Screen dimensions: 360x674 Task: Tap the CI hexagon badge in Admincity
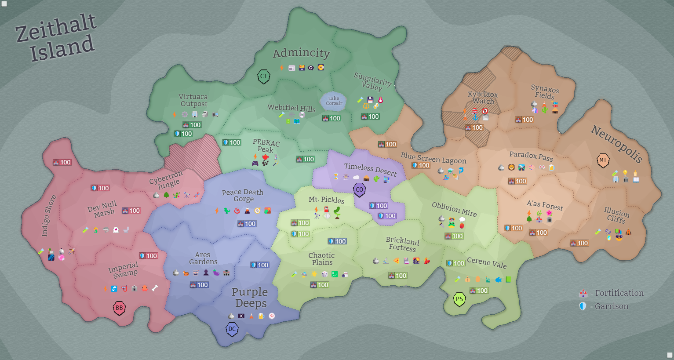[263, 76]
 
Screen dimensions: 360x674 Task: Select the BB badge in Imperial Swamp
[119, 308]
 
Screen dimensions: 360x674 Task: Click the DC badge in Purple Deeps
[232, 329]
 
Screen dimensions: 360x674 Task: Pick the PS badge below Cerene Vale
[459, 299]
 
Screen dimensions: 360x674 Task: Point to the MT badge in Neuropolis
[603, 160]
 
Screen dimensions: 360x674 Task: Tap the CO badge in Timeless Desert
[360, 190]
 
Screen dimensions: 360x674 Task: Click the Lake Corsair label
[334, 101]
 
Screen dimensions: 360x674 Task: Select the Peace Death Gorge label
[243, 196]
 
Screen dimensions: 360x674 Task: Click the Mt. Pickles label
[326, 200]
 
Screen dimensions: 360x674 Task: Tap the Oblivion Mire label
[454, 209]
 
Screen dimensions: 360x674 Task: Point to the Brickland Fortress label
[402, 244]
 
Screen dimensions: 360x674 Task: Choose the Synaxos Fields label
[545, 92]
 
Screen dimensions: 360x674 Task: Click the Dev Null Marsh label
[103, 209]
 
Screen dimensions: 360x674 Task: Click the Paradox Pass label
[531, 156]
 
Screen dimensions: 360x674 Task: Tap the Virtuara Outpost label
[193, 100]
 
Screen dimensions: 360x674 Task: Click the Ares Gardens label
[203, 258]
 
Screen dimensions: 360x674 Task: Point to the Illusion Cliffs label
[616, 215]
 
